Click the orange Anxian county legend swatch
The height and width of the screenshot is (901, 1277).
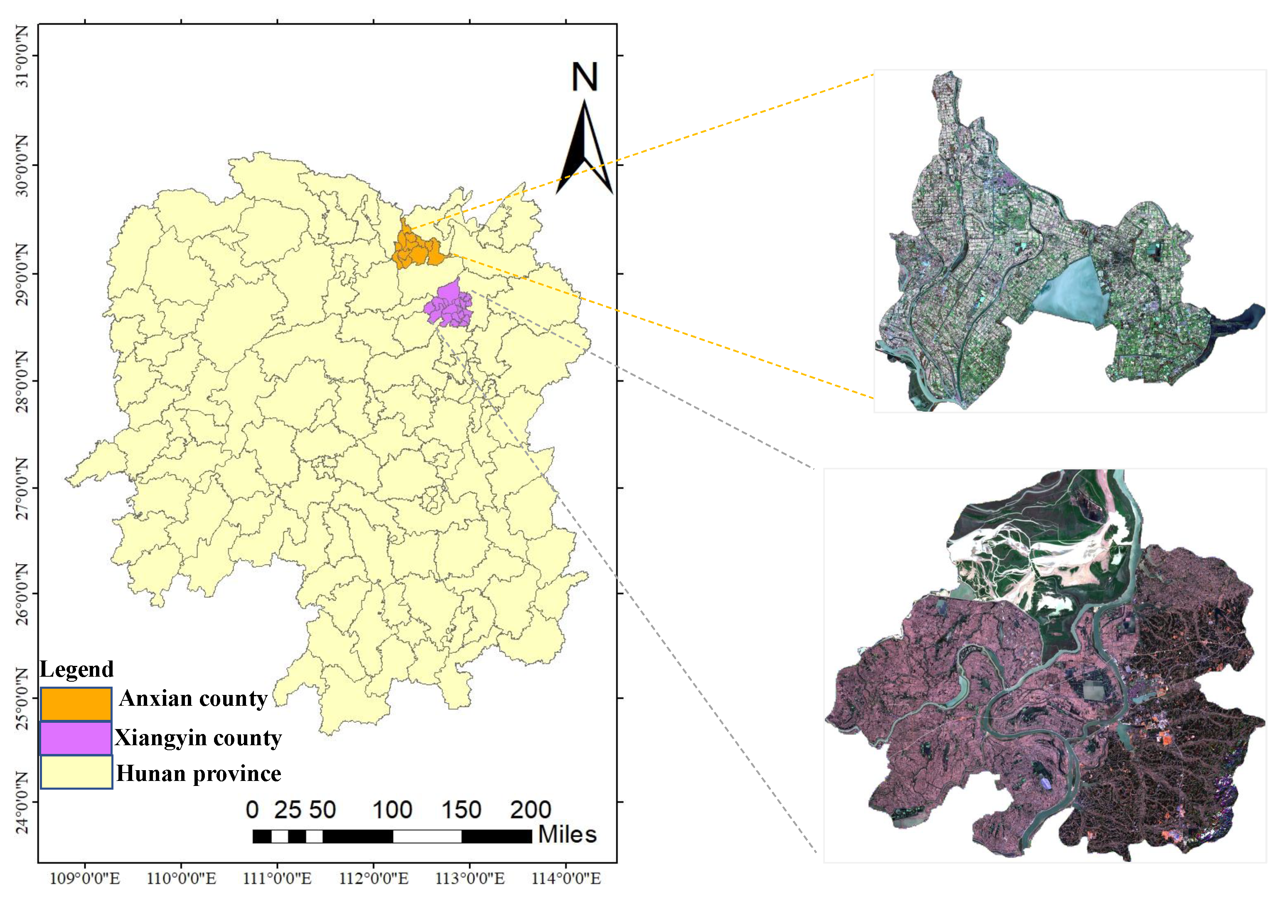click(x=76, y=704)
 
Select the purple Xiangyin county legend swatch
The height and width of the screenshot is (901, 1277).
click(x=76, y=738)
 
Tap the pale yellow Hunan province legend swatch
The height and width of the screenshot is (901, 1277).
click(x=76, y=772)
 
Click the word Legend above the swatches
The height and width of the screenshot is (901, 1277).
click(x=77, y=669)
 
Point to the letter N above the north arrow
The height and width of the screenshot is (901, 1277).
click(x=585, y=77)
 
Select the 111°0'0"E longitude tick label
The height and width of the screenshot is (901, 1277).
click(x=277, y=879)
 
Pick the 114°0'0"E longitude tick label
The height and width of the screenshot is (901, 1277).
click(x=566, y=879)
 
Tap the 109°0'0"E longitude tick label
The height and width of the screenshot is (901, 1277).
click(x=84, y=879)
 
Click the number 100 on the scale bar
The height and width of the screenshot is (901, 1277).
click(x=392, y=810)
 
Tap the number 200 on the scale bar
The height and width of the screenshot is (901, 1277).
click(x=531, y=810)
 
